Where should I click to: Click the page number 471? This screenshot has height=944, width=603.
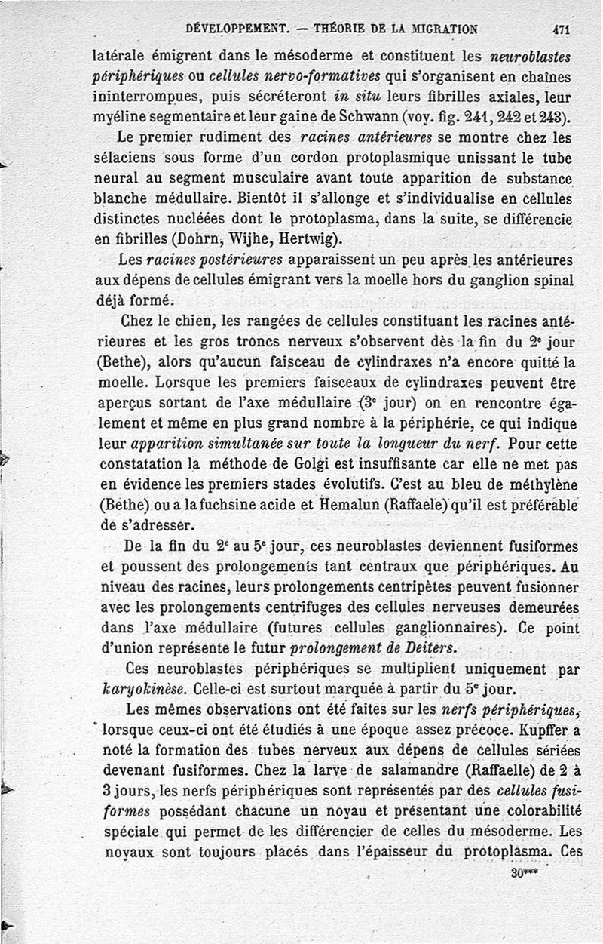coord(561,30)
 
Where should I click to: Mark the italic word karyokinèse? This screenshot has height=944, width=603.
coord(143,690)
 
